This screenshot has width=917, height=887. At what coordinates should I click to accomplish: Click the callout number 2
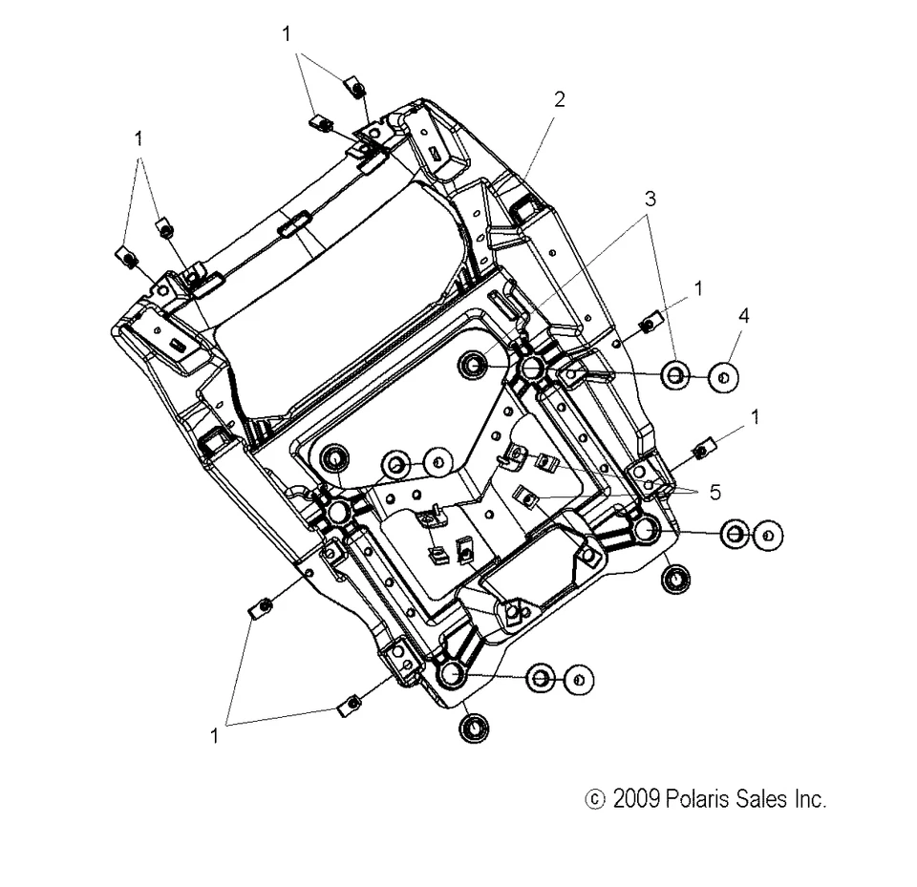(559, 98)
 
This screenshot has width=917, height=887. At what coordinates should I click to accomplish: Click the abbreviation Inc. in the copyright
(809, 798)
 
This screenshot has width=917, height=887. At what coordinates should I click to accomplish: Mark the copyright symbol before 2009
(593, 799)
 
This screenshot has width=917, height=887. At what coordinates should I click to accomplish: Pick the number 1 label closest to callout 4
(699, 286)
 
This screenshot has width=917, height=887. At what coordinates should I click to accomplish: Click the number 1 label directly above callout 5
(756, 416)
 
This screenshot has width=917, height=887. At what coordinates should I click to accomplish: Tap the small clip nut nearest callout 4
(647, 324)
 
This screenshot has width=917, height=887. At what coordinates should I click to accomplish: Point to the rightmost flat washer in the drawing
(768, 536)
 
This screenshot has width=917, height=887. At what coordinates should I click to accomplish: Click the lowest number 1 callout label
(215, 736)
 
